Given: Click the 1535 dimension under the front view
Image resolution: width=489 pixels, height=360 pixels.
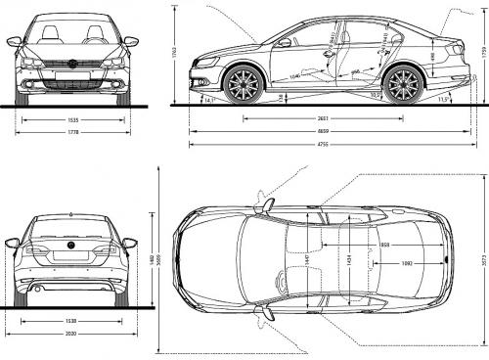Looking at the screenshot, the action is point(72,119).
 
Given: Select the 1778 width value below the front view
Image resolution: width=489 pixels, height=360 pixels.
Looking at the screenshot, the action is point(72,132).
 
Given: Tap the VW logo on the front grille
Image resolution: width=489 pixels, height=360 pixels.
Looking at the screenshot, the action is point(72,64).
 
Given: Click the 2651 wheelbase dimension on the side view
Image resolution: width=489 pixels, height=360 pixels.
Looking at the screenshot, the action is point(322,119).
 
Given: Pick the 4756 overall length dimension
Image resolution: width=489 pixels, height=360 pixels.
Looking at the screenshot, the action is point(322,145).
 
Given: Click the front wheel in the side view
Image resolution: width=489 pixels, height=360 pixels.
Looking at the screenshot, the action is point(241,84).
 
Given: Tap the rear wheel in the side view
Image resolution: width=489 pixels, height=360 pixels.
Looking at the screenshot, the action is point(402,84).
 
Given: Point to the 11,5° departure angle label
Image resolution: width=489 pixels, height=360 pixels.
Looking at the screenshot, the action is point(442,99).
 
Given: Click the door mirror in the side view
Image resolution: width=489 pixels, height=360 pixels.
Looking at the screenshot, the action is point(284,43).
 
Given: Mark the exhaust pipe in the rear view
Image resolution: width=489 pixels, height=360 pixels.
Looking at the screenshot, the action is point(36,289).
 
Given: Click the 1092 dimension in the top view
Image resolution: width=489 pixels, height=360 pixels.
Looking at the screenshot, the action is point(405,264).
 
